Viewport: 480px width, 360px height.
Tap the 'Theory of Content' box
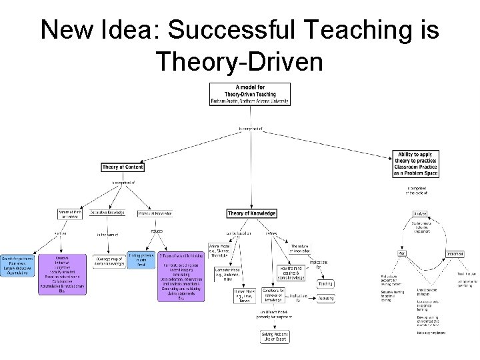pyautogui.click(x=123, y=167)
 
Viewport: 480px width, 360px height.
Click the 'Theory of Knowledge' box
pyautogui.click(x=251, y=213)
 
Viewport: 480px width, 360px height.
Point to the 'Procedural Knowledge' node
pyautogui.click(x=155, y=214)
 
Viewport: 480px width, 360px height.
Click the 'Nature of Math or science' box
pyautogui.click(x=69, y=214)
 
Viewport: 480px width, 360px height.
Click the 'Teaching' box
pyautogui.click(x=325, y=283)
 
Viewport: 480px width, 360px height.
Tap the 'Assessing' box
pyautogui.click(x=325, y=299)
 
